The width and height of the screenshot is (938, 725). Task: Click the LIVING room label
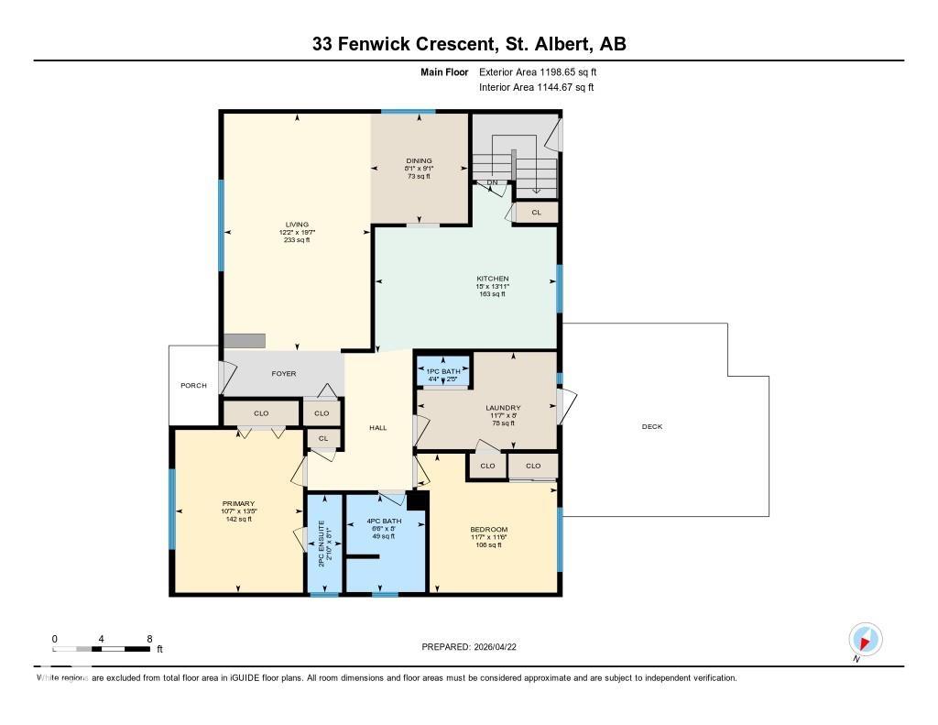tap(296, 224)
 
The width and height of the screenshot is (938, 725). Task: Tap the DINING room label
tap(420, 160)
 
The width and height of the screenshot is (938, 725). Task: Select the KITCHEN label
tap(492, 279)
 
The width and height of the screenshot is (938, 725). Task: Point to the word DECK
tap(651, 426)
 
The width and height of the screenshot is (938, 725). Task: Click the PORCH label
tap(193, 385)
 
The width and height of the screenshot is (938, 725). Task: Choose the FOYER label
tap(283, 374)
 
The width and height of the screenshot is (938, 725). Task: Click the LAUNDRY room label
tap(503, 408)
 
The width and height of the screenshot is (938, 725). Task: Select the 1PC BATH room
tap(443, 369)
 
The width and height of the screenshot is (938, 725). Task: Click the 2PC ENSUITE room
tap(322, 544)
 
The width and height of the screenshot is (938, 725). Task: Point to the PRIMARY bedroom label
tap(238, 503)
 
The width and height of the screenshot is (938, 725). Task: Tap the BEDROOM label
tap(489, 530)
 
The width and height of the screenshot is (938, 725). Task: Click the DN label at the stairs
tap(492, 182)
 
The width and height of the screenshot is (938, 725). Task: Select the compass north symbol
tap(865, 639)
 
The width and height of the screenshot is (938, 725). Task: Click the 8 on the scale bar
tap(148, 638)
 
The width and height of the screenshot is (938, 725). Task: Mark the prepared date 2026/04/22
tap(501, 646)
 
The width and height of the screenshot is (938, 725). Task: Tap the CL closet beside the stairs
tap(536, 213)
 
